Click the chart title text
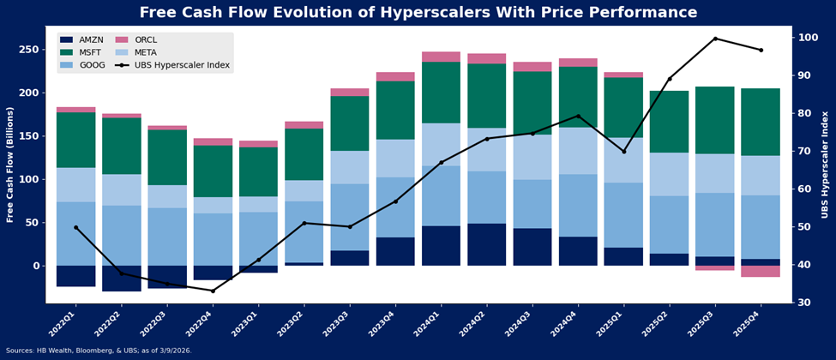coord(418,13)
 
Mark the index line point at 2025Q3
coord(715,39)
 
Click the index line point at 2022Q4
coord(213,291)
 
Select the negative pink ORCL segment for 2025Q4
coord(761,271)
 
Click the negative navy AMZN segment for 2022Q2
coord(122,279)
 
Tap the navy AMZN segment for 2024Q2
coord(486,244)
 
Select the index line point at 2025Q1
coord(623,151)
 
